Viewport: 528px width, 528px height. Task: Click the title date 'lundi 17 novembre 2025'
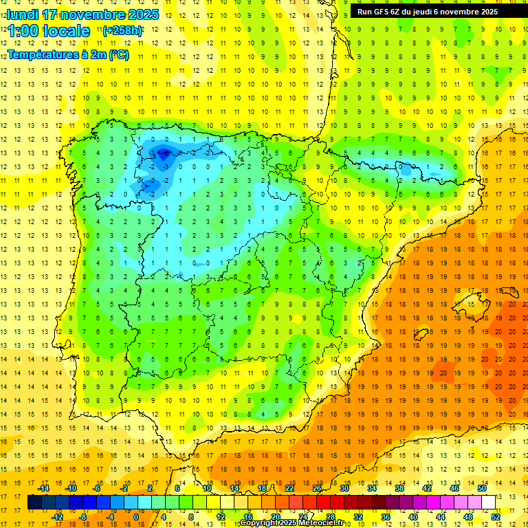coord(82,14)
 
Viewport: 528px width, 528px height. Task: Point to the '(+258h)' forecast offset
coord(122,31)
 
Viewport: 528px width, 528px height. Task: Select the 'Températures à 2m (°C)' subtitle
coord(68,55)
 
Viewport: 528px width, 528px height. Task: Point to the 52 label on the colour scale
coord(496,516)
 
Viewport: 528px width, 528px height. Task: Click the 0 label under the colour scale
coord(135,516)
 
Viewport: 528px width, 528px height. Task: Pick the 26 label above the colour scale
coord(317,488)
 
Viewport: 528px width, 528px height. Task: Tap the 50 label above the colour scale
coord(482,488)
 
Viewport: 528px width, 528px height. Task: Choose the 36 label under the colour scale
coord(386,516)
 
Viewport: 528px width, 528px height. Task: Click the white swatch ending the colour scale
coord(489,502)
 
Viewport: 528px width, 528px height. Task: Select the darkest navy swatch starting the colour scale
coord(34,502)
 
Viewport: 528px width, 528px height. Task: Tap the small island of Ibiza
coord(421,334)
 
